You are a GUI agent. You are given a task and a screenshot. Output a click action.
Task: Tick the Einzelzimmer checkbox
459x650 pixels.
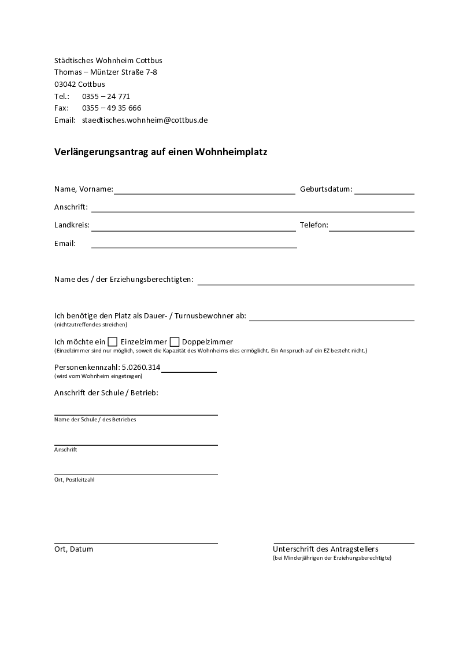tap(113, 341)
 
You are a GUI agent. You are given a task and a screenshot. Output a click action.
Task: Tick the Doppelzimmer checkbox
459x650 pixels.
tap(175, 341)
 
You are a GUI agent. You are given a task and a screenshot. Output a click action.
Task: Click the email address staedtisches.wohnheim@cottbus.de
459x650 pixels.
tap(145, 120)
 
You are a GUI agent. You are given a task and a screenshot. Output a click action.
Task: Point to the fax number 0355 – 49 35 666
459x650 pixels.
tap(112, 108)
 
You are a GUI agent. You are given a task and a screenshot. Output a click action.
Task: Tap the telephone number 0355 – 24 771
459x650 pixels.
tap(106, 96)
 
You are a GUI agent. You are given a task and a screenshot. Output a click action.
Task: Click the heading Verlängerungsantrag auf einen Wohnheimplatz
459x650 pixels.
tap(161, 152)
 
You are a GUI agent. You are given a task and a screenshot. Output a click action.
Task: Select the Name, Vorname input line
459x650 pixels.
tap(204, 190)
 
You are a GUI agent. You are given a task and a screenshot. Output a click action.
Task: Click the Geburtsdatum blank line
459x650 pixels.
tap(384, 190)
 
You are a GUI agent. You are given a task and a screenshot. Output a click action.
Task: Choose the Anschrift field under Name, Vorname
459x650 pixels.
tap(253, 208)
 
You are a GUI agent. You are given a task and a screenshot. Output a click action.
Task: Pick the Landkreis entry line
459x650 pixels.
tap(193, 226)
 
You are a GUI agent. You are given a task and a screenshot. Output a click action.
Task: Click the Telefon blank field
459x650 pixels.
tap(371, 226)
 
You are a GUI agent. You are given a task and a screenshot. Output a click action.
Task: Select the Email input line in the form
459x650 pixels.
tap(194, 244)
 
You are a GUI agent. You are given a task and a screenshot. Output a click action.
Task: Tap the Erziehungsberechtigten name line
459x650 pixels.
tap(306, 280)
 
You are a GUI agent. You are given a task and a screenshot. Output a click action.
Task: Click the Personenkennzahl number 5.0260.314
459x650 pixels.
tap(141, 367)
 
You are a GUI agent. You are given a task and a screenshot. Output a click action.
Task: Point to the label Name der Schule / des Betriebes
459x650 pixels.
tap(95, 419)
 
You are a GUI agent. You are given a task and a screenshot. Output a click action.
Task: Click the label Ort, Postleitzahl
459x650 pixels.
tap(74, 479)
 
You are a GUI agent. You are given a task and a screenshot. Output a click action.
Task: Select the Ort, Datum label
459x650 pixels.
tap(73, 549)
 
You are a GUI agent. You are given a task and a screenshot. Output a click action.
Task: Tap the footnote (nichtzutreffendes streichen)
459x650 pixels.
tap(91, 324)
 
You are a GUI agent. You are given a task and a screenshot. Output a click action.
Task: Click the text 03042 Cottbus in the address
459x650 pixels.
tap(79, 84)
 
